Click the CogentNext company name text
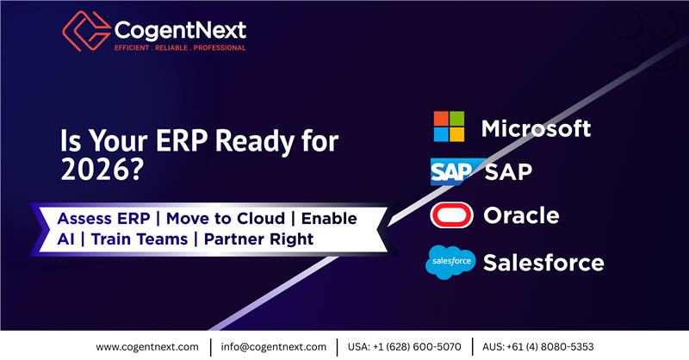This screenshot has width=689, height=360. click(x=180, y=30)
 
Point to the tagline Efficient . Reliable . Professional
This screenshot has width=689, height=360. click(x=180, y=48)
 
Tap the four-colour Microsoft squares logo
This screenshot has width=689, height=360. click(x=449, y=127)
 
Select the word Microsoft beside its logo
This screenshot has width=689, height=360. click(x=536, y=128)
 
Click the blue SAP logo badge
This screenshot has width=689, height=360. click(x=450, y=171)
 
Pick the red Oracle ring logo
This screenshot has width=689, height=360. click(x=450, y=215)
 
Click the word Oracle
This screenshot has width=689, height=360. click(x=521, y=215)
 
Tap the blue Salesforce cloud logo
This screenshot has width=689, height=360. click(x=450, y=262)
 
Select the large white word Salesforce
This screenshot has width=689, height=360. click(x=543, y=262)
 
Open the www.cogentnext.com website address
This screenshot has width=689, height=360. click(x=148, y=346)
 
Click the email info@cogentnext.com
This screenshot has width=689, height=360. click(x=274, y=346)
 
